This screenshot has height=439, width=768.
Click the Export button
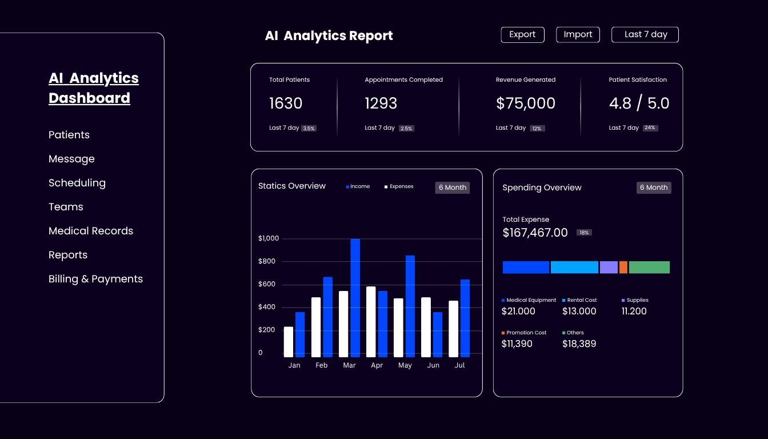[522, 35]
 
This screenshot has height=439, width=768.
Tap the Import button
[578, 35]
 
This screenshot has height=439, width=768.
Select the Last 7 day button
[645, 35]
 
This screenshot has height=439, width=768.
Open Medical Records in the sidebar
[91, 231]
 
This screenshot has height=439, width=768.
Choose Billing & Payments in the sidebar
[95, 279]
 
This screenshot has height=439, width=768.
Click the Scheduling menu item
[77, 183]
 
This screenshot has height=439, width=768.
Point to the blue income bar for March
[355, 298]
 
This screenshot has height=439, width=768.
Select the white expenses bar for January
[289, 342]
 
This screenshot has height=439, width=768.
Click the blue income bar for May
[410, 306]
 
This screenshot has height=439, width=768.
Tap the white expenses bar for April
[371, 322]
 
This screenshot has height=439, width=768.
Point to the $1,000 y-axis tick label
[269, 238]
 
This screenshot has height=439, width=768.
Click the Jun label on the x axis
[433, 365]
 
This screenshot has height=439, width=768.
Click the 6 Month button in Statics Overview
[453, 187]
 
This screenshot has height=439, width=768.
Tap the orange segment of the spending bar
[623, 268]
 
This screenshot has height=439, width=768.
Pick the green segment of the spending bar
[649, 268]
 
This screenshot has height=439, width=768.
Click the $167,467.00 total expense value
[535, 233]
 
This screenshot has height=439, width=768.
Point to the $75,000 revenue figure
[525, 103]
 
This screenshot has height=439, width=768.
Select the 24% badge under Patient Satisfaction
[650, 128]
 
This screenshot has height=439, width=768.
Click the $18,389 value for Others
[579, 344]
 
